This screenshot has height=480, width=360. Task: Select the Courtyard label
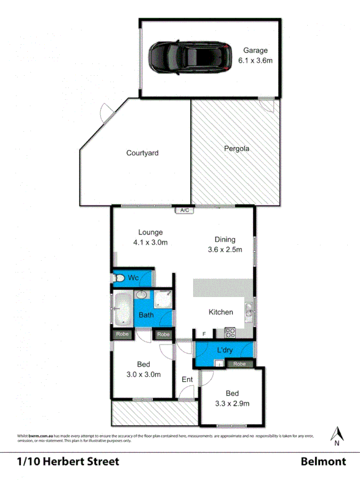tap(142, 153)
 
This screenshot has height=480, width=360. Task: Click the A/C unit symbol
tap(185, 210)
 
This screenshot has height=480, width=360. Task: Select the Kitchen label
tap(221, 312)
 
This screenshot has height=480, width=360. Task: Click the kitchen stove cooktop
tap(230, 333)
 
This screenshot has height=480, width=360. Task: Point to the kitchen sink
tap(249, 309)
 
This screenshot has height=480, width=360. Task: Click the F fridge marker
tap(203, 334)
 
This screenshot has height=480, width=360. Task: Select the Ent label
tap(187, 380)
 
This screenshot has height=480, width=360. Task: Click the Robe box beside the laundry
tap(239, 364)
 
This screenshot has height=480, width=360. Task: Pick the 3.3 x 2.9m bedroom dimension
tap(232, 404)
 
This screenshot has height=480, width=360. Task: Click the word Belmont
tap(323, 461)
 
